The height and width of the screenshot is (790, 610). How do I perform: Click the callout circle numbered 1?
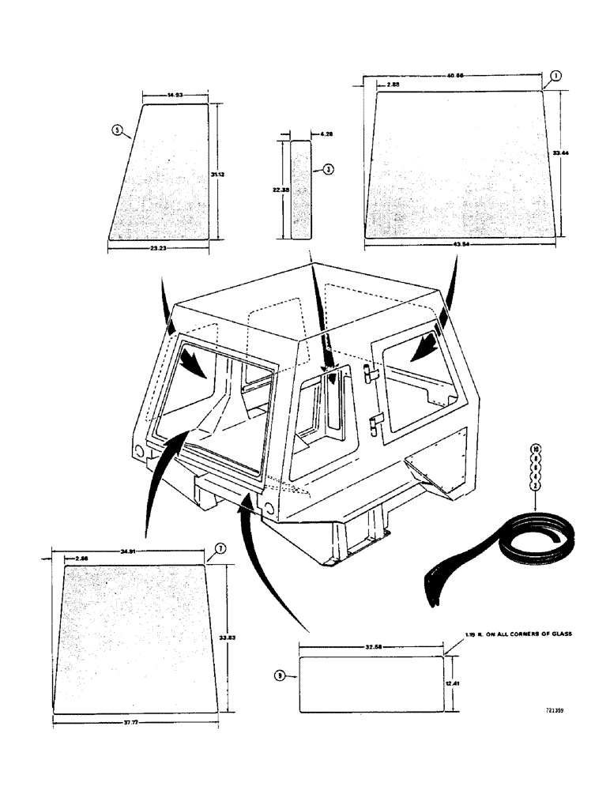pyautogui.click(x=555, y=76)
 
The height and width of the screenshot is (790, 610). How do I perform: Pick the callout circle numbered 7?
pyautogui.click(x=220, y=548)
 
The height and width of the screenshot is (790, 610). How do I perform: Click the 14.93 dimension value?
pyautogui.click(x=175, y=95)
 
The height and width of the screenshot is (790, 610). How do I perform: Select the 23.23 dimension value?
pyautogui.click(x=158, y=247)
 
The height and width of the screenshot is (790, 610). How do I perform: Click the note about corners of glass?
pyautogui.click(x=518, y=634)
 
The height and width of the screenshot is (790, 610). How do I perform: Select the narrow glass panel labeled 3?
pyautogui.click(x=300, y=190)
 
